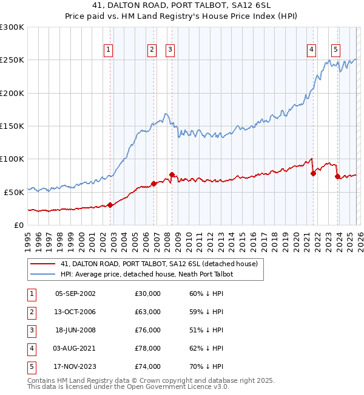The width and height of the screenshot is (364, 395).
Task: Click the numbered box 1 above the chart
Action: click(108, 50)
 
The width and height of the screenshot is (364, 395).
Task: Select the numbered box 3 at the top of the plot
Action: click(170, 50)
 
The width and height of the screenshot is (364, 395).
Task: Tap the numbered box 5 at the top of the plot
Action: click(335, 50)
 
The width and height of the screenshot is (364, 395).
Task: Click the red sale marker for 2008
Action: click(172, 174)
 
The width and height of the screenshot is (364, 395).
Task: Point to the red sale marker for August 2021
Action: click(313, 173)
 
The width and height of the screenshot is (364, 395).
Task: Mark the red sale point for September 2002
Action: click(110, 205)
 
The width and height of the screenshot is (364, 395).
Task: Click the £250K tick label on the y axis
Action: click(12, 60)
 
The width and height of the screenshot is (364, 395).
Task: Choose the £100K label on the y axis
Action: click(12, 159)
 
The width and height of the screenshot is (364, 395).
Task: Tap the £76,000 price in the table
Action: click(148, 330)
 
